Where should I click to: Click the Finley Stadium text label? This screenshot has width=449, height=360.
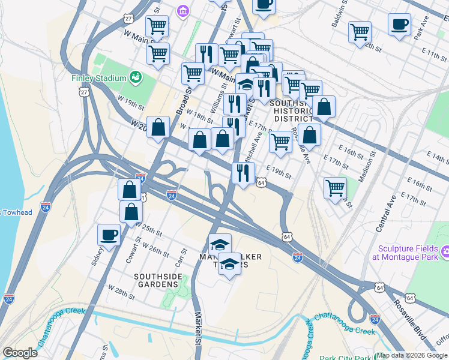[98, 78]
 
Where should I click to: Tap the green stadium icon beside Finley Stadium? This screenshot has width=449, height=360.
[136, 77]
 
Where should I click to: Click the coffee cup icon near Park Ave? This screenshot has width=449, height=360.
[399, 25]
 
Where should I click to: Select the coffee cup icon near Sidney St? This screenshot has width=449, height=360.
[109, 235]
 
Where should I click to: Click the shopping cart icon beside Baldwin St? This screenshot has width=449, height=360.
[360, 32]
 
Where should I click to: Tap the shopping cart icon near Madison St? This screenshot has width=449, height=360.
[335, 187]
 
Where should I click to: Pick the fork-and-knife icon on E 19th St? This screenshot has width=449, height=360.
[243, 173]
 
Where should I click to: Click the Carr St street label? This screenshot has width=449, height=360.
[178, 260]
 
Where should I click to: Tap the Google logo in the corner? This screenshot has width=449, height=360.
[20, 352]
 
